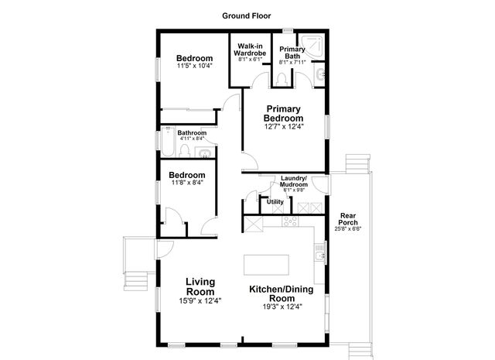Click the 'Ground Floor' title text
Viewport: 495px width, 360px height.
click(247, 15)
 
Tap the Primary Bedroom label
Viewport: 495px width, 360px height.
click(284, 113)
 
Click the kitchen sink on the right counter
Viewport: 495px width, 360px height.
click(319, 255)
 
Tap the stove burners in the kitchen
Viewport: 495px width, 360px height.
click(291, 220)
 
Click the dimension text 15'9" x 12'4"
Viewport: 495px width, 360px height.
click(200, 301)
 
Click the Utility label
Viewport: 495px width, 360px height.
click(275, 201)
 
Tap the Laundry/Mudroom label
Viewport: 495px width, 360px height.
click(293, 182)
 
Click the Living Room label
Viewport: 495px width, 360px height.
click(200, 286)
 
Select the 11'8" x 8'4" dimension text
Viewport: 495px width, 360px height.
click(188, 183)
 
